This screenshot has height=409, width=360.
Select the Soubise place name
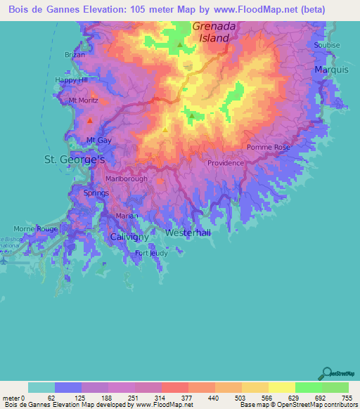tap(327, 45)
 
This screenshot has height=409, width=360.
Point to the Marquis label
tap(332, 70)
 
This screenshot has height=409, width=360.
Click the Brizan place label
tap(75, 54)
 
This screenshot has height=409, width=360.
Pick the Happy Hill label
tap(72, 80)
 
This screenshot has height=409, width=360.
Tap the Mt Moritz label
tap(83, 100)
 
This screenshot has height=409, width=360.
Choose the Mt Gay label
tap(99, 141)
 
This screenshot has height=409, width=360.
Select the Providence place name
tap(225, 163)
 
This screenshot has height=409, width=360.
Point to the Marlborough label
tap(126, 178)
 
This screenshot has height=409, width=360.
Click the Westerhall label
tap(188, 233)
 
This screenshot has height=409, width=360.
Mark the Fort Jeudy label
tap(151, 253)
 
